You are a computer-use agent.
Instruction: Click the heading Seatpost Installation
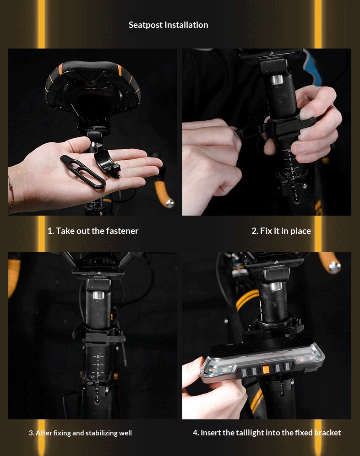168,25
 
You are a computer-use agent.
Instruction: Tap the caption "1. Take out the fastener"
93,231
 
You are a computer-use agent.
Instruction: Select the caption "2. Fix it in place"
281,231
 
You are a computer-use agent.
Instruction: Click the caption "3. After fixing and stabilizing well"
80,433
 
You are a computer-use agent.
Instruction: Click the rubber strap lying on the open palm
83,172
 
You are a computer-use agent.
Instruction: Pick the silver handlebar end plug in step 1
169,203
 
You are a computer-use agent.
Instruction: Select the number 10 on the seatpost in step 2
289,151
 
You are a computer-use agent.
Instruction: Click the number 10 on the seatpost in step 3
98,357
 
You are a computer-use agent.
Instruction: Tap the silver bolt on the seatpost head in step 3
98,295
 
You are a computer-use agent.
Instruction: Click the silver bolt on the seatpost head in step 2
277,80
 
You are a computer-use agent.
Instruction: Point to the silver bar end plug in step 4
334,267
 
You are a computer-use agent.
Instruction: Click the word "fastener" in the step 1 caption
122,231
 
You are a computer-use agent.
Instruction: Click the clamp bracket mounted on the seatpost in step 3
98,335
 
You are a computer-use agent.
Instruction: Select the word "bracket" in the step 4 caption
327,433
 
